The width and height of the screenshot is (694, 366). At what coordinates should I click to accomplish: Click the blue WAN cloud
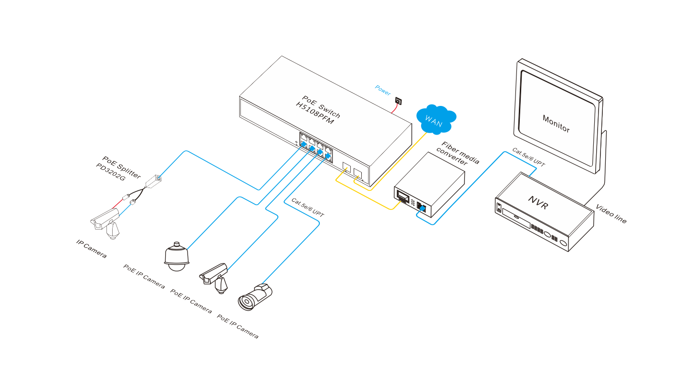(x=436, y=119)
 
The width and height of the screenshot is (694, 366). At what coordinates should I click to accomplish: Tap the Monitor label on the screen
(x=556, y=123)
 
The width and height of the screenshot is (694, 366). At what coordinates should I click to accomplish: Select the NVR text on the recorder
(x=538, y=202)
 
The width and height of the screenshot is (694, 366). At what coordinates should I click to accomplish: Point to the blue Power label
(x=383, y=90)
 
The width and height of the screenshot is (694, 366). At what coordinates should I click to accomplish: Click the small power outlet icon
(x=399, y=101)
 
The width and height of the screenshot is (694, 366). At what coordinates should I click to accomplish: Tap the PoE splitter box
(x=153, y=182)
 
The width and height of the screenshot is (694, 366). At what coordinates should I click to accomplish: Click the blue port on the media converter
(x=421, y=207)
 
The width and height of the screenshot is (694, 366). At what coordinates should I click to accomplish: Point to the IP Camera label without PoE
(x=91, y=249)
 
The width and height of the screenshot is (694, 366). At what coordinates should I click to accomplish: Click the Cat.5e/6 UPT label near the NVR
(x=528, y=157)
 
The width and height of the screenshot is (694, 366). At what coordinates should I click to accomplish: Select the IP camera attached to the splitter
(x=106, y=222)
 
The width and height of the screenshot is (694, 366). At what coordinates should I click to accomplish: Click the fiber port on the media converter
(x=402, y=196)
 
